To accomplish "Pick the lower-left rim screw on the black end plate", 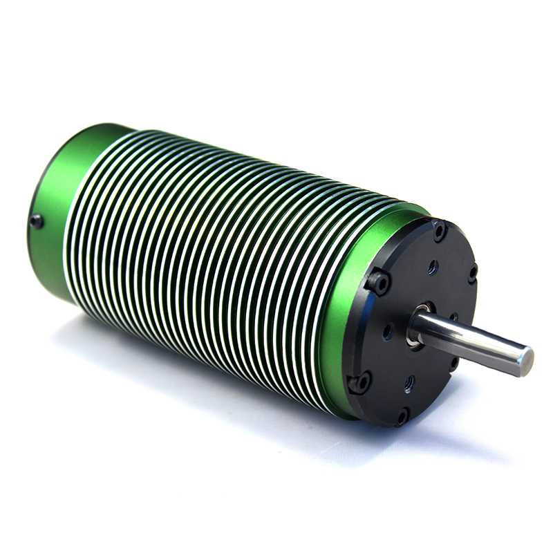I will (x=359, y=381).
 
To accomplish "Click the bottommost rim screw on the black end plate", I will (x=401, y=415).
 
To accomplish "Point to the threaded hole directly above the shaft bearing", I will (x=433, y=265).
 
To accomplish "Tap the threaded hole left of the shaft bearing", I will (x=387, y=331).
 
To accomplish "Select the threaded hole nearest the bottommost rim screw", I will (x=409, y=382).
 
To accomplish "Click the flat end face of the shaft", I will (x=525, y=361).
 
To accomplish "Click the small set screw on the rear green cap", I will (x=36, y=221).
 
